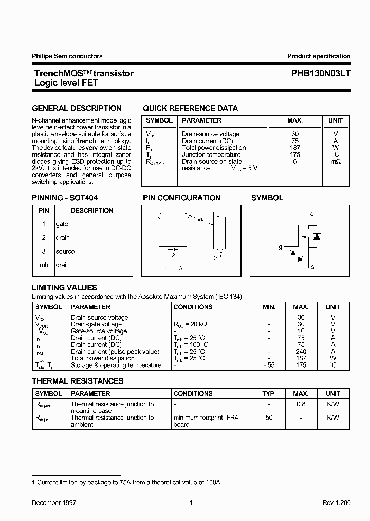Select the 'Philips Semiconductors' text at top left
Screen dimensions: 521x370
pos(67,56)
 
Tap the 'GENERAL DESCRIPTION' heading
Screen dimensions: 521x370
pos(77,108)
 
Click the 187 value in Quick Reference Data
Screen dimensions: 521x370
pos(295,148)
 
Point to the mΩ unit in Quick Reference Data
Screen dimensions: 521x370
pos(335,162)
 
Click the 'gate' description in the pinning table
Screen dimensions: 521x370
pos(62,224)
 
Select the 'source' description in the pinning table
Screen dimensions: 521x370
pos(65,251)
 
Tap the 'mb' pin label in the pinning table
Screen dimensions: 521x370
pos(44,265)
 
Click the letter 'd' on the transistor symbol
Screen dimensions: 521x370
pos(312,214)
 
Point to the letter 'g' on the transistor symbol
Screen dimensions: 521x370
pos(281,247)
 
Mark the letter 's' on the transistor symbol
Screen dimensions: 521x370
pos(312,267)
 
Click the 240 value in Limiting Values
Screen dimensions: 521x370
pos(301,352)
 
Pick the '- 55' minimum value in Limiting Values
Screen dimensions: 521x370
pos(269,365)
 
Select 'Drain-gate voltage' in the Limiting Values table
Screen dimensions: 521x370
pos(96,324)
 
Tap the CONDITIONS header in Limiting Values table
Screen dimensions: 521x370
pos(193,307)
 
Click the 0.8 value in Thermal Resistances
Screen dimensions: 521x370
pos(301,404)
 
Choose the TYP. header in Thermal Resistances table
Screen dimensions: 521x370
pos(269,393)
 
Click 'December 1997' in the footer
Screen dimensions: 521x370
pos(51,503)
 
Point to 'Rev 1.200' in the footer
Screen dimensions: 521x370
pos(336,503)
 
